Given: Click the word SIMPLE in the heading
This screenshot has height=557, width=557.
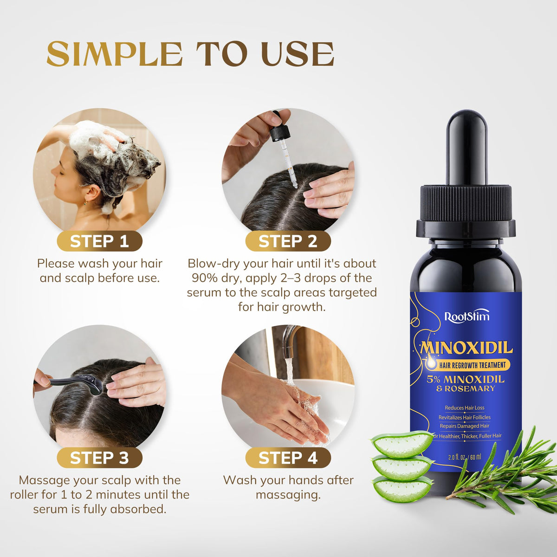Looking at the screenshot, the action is [115, 54].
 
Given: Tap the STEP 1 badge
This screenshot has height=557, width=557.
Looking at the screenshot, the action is [99, 241].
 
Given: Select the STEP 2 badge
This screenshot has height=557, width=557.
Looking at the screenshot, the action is [288, 241].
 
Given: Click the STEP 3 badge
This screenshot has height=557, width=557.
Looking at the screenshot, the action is [99, 458].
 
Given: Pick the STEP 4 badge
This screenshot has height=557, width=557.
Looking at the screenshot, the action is [288, 458].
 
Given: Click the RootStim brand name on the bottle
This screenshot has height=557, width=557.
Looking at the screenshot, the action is [467, 317].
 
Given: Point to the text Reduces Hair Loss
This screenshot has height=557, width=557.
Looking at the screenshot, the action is [465, 408].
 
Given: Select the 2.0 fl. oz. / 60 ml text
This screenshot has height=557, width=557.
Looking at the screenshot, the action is [465, 457].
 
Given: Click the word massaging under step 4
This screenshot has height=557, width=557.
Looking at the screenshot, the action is [288, 495].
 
